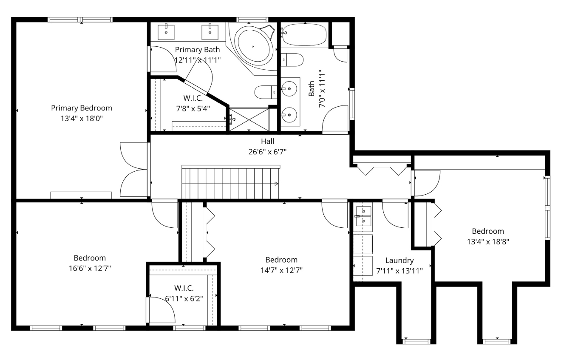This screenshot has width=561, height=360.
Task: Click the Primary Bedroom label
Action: tap(82, 108)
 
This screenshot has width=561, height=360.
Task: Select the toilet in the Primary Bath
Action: tap(266, 92)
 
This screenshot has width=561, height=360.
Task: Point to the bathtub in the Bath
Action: tap(304, 34)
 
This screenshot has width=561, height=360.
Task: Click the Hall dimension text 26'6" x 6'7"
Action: tap(267, 152)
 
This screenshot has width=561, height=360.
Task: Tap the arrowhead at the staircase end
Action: tap(276, 184)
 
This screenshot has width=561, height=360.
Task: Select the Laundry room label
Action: tap(399, 261)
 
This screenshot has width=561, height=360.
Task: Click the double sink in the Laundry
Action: tap(363, 216)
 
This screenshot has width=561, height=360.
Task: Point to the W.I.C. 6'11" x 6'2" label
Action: tap(184, 293)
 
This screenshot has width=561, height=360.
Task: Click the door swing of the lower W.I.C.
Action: tap(162, 310)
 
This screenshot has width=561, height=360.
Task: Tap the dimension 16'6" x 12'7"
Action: tap(90, 269)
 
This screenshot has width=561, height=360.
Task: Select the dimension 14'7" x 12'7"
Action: tap(281, 270)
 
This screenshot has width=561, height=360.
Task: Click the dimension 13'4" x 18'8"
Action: tap(488, 242)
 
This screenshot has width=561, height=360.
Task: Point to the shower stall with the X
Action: tap(249, 119)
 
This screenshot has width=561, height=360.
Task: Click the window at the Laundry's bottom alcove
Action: tap(416, 341)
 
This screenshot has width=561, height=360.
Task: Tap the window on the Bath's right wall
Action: tap(352, 104)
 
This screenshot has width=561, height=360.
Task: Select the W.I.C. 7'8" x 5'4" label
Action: tap(193, 103)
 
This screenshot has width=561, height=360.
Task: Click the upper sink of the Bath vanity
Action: tap(289, 89)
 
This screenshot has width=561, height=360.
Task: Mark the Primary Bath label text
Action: tap(197, 50)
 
